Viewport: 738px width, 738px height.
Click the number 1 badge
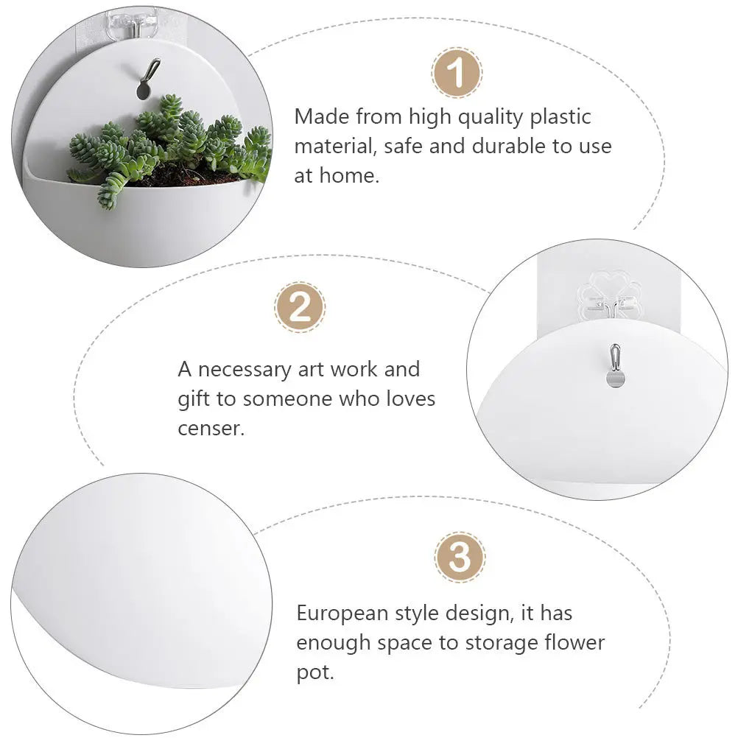456,73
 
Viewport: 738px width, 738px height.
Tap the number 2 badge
300,307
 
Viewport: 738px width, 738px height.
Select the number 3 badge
460,558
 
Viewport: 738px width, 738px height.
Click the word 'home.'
349,175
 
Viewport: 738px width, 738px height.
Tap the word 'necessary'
245,370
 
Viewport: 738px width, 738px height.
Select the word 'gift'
194,399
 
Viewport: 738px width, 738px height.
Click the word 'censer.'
211,429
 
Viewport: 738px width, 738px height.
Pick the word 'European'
342,614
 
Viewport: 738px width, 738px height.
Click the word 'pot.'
315,672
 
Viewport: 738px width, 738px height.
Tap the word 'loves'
411,398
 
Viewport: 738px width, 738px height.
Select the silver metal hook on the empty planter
615,366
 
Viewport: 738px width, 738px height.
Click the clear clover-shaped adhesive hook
610,295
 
